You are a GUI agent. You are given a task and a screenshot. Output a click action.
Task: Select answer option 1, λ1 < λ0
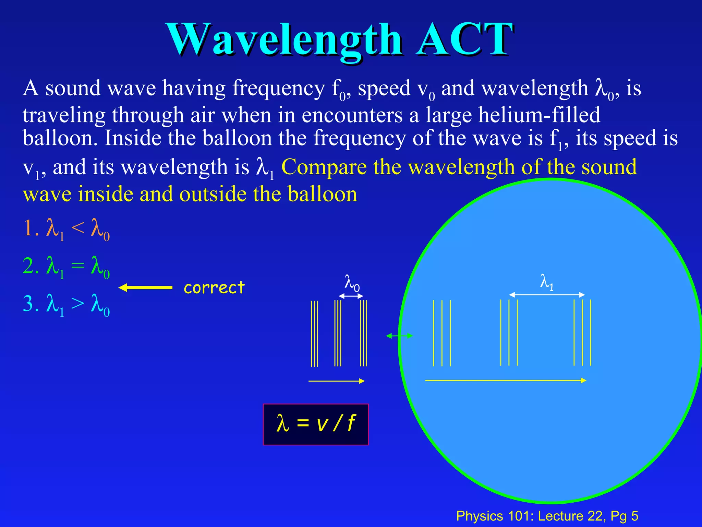coord(66,229)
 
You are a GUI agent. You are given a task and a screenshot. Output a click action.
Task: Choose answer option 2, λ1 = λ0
coord(66,267)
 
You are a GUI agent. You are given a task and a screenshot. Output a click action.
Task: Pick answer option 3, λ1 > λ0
coord(66,305)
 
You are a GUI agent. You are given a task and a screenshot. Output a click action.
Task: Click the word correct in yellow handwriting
coord(214,288)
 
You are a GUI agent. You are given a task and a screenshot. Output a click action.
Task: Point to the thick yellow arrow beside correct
coord(145,288)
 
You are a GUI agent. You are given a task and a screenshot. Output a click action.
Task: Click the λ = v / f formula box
coord(316,424)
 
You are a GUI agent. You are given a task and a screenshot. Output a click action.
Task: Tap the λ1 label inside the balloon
coord(547,282)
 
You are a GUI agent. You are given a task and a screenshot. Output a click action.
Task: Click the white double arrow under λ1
coord(547,295)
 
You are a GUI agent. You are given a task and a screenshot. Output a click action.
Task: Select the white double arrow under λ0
coord(351,296)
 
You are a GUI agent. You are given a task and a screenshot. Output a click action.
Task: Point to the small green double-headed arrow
coord(399,336)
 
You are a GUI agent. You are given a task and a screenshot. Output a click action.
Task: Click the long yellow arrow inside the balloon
coord(506,380)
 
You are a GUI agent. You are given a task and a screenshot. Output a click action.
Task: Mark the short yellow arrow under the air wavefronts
coord(336,381)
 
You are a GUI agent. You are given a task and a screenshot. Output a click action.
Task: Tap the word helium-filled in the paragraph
coord(539,115)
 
